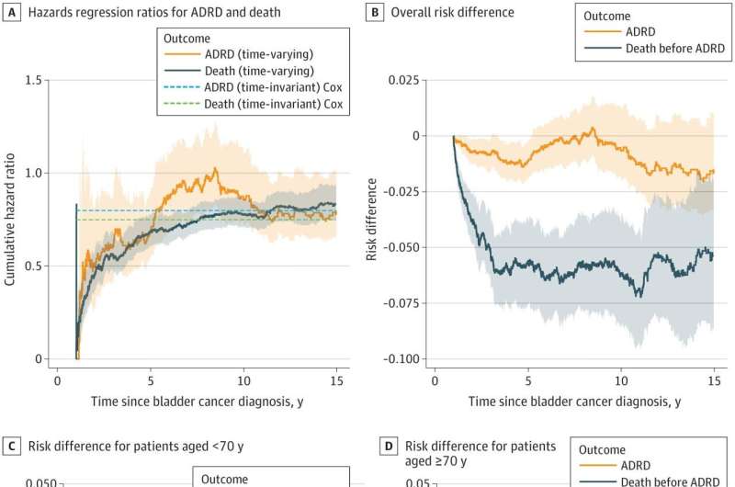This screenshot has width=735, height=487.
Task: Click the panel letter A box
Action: (x=13, y=13)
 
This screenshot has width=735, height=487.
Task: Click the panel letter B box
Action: (x=375, y=13)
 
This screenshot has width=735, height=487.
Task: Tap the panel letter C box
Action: (x=13, y=447)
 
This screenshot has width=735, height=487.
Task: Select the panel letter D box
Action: (x=388, y=447)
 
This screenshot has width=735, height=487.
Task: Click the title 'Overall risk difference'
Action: (x=453, y=13)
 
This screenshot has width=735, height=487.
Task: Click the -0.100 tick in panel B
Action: (x=405, y=359)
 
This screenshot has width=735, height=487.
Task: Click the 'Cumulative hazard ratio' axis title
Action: (x=10, y=220)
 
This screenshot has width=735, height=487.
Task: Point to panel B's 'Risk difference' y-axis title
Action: (x=372, y=220)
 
